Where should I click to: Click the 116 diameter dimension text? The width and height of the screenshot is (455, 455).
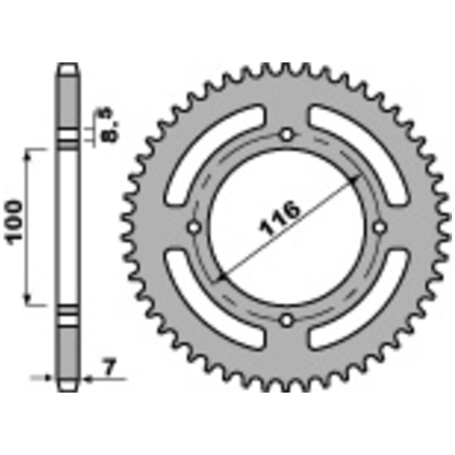280,218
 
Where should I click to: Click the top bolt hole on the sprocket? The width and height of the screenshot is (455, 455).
287,134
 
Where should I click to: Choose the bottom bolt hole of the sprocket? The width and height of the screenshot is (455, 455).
287,320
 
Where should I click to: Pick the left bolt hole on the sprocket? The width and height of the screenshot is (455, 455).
194,227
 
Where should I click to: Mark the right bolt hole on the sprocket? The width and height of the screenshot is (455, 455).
379,227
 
